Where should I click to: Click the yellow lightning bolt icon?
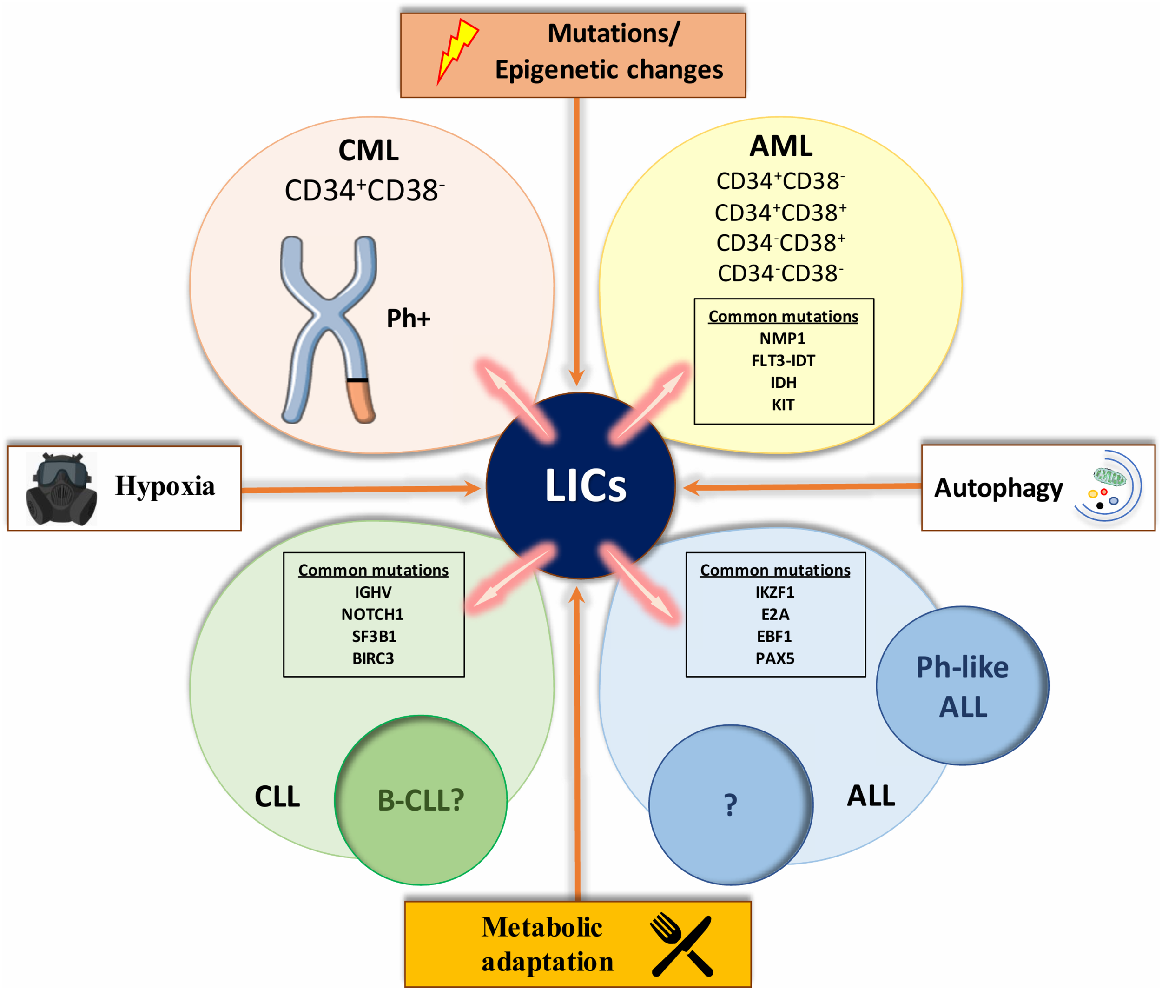pyautogui.click(x=457, y=52)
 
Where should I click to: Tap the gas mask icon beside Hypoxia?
pyautogui.click(x=61, y=489)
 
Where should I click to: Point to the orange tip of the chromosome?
pyautogui.click(x=360, y=400)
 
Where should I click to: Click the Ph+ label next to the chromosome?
pyautogui.click(x=408, y=318)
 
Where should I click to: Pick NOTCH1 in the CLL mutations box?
pyautogui.click(x=372, y=614)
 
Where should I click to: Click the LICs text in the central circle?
pyautogui.click(x=586, y=486)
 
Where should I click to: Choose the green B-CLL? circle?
pyautogui.click(x=421, y=800)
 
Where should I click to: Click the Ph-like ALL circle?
pyautogui.click(x=963, y=685)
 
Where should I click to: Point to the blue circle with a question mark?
pyautogui.click(x=731, y=805)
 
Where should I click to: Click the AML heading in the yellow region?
pyautogui.click(x=781, y=146)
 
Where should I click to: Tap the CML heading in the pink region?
pyautogui.click(x=369, y=150)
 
